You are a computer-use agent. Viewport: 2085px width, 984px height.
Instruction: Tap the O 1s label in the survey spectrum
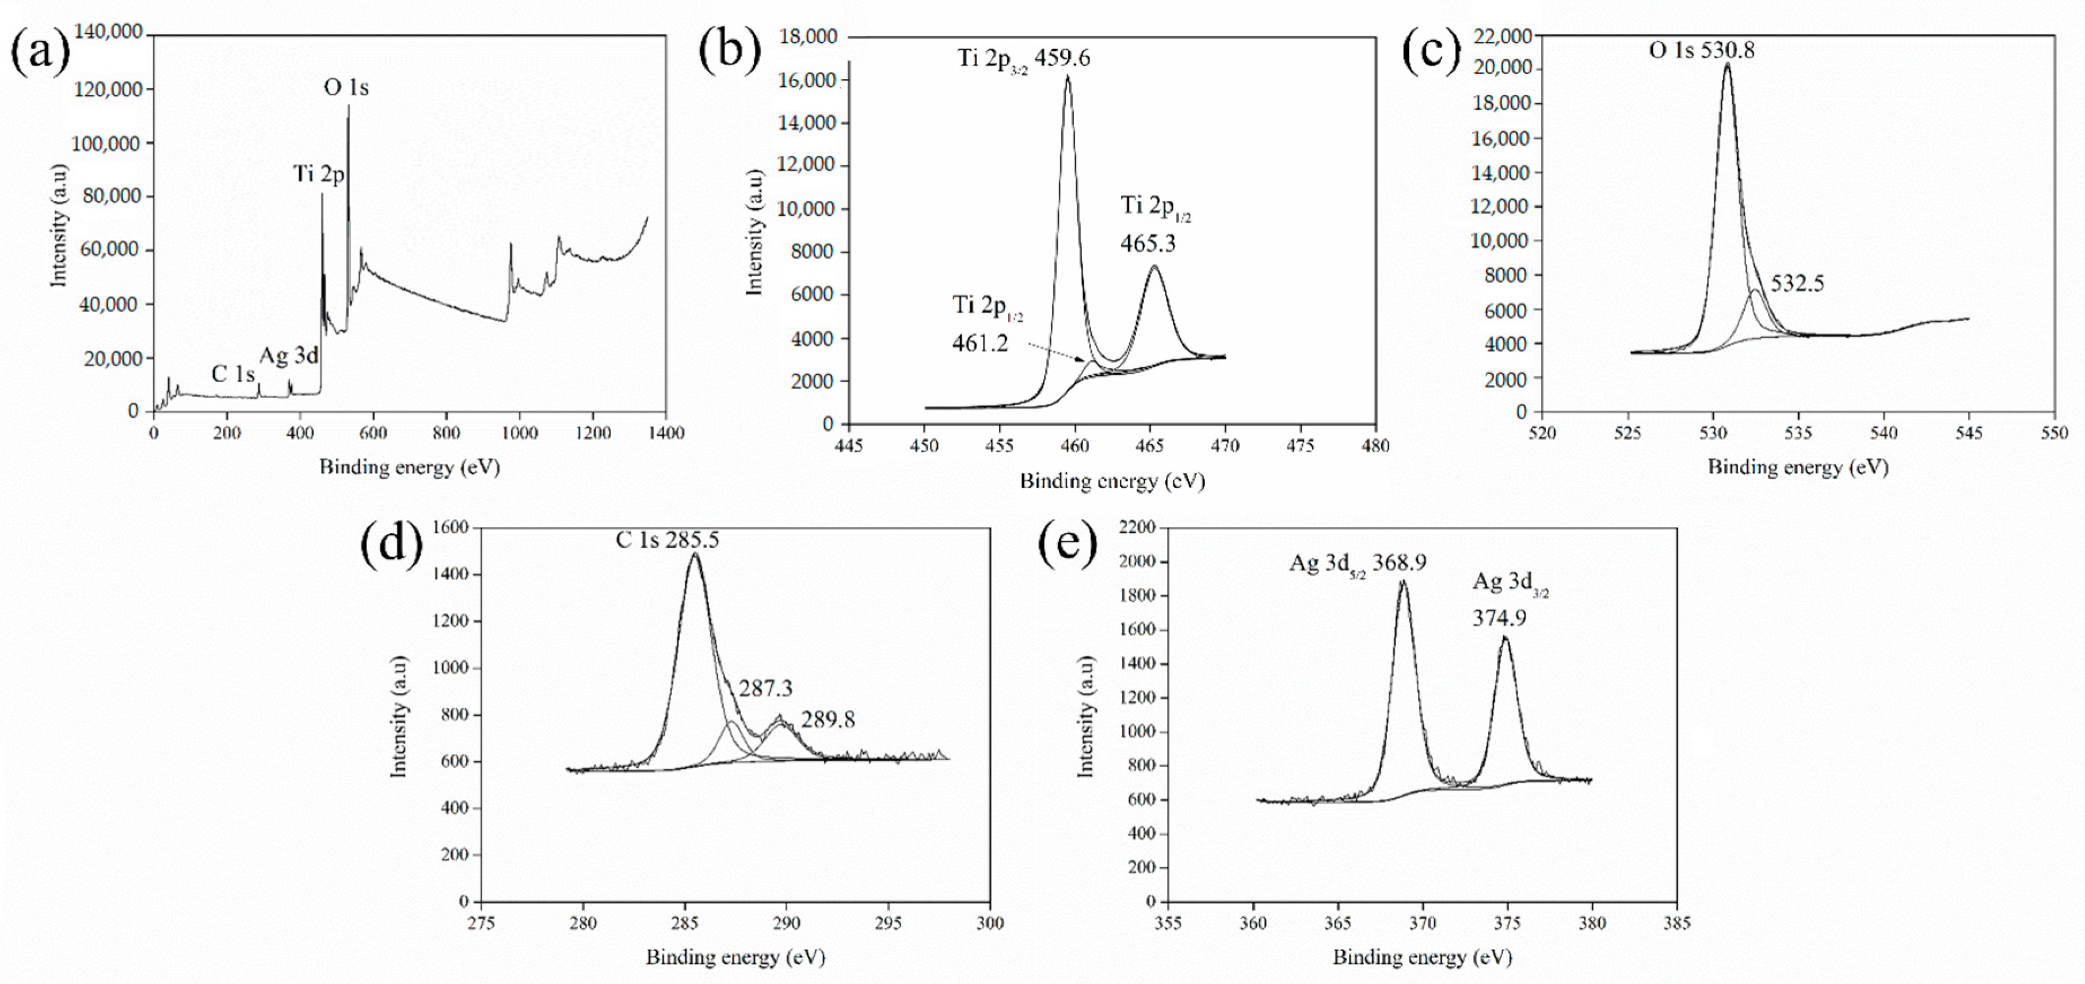pyautogui.click(x=346, y=87)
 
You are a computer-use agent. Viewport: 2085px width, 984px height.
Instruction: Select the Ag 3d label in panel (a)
pyautogui.click(x=289, y=356)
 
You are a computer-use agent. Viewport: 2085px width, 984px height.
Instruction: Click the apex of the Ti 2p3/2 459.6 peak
pyautogui.click(x=1068, y=77)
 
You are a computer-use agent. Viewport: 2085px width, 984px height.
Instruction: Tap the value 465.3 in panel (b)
pyautogui.click(x=1148, y=243)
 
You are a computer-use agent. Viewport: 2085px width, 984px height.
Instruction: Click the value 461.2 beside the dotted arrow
pyautogui.click(x=980, y=344)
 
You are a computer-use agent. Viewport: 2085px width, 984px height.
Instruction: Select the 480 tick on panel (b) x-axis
pyautogui.click(x=1375, y=446)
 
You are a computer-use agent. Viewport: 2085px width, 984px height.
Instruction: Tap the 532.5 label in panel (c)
pyautogui.click(x=1798, y=284)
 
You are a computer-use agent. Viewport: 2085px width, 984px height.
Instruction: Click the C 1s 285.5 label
pyautogui.click(x=667, y=540)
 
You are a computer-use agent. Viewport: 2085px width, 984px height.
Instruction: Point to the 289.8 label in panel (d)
pyautogui.click(x=828, y=719)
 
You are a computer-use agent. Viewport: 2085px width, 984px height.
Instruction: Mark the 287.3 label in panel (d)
pyautogui.click(x=765, y=689)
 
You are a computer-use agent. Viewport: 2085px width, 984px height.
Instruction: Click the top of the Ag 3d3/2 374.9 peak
pyautogui.click(x=1505, y=639)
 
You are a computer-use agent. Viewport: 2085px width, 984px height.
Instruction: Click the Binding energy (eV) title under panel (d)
pyautogui.click(x=735, y=958)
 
